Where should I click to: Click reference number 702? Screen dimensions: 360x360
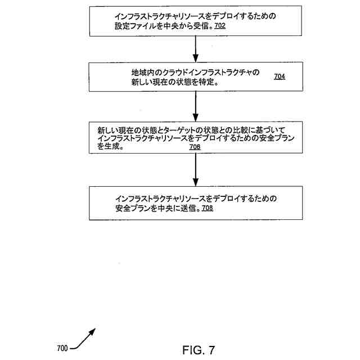coord(220,26)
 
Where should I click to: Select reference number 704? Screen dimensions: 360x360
coord(280,76)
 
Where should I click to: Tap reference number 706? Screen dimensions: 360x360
coord(195,147)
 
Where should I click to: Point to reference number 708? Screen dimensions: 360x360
coord(207,208)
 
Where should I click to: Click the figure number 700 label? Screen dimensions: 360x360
coord(62,348)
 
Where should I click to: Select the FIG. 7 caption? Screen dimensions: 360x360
coord(199,350)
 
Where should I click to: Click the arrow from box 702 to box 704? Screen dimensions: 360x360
coord(195,49)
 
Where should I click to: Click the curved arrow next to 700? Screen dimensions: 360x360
coord(83,339)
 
